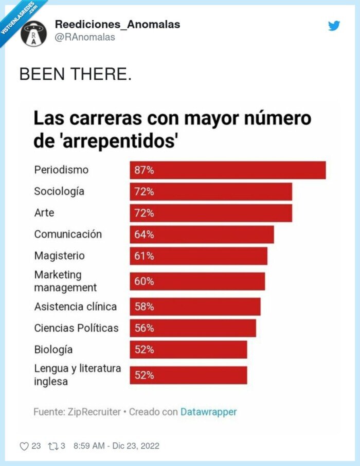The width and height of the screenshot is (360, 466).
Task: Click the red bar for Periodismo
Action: click(x=227, y=170)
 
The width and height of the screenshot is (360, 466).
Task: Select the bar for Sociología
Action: click(x=210, y=192)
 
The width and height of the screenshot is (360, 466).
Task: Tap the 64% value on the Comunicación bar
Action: click(x=144, y=235)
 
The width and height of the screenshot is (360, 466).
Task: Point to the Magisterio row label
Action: click(x=59, y=256)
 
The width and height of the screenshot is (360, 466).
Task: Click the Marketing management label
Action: click(x=65, y=281)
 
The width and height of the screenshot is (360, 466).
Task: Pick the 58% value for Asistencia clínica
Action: click(x=144, y=307)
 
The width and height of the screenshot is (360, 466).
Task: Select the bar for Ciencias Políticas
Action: click(x=192, y=328)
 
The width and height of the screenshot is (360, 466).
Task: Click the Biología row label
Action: click(x=53, y=350)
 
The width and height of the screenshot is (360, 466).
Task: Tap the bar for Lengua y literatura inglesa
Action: click(x=188, y=375)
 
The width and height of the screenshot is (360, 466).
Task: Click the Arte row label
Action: click(x=44, y=212)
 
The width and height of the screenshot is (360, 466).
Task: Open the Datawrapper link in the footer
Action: click(x=208, y=412)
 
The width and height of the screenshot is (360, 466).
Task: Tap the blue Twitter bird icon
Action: click(x=334, y=26)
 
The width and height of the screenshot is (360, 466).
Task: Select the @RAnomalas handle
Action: click(x=85, y=37)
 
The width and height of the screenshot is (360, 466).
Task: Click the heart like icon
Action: click(x=24, y=446)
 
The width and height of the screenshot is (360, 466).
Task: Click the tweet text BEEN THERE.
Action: click(x=75, y=75)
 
